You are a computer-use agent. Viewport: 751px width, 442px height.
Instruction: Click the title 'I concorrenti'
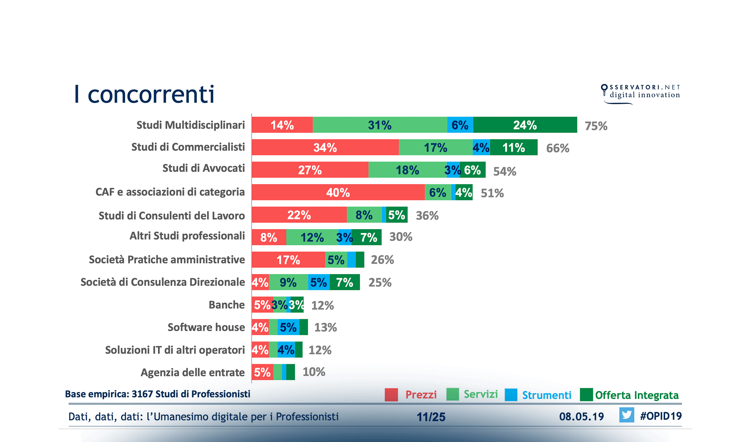click(144, 94)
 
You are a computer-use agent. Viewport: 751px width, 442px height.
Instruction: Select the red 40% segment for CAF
click(338, 192)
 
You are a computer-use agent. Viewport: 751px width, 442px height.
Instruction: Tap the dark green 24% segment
click(525, 125)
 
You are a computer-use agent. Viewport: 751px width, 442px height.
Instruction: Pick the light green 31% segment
click(380, 125)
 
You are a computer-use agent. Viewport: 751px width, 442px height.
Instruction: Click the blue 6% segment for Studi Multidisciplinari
click(460, 125)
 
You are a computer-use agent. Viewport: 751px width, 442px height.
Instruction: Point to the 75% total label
click(596, 126)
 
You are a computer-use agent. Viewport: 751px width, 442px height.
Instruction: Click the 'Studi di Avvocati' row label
click(204, 168)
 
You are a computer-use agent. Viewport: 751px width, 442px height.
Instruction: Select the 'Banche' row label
click(226, 305)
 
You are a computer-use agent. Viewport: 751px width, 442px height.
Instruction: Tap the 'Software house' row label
click(206, 327)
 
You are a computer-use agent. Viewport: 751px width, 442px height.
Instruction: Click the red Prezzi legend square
click(391, 394)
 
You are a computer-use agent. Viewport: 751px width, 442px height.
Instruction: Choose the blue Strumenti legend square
click(511, 394)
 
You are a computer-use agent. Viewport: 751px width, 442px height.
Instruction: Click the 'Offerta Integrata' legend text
click(637, 395)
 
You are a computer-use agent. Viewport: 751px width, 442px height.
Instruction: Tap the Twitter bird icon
click(627, 415)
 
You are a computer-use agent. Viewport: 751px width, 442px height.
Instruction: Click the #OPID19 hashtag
click(661, 416)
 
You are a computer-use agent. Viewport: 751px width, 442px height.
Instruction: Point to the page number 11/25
click(431, 417)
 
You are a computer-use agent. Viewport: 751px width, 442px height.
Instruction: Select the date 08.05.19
click(581, 417)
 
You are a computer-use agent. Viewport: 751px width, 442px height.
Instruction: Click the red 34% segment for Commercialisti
click(325, 148)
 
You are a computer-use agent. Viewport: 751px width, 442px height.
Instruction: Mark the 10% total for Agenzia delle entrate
click(314, 372)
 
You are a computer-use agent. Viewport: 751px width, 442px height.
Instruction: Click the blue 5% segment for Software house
click(288, 327)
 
